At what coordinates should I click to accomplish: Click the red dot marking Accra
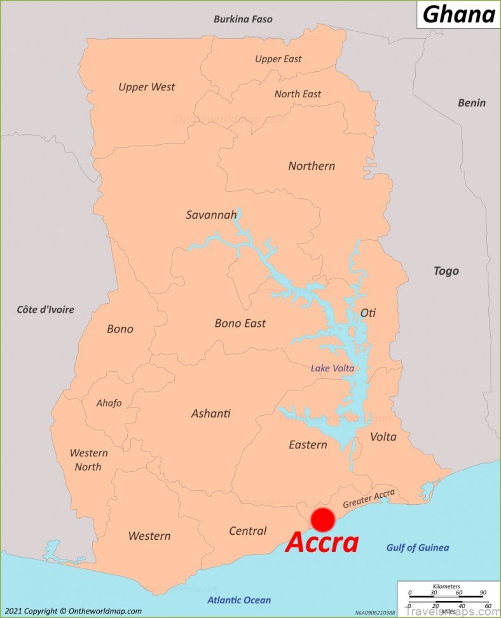pyautogui.click(x=323, y=519)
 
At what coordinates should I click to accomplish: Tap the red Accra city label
pyautogui.click(x=322, y=543)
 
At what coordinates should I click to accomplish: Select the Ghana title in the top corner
pyautogui.click(x=458, y=14)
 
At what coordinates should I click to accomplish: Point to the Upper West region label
pyautogui.click(x=146, y=87)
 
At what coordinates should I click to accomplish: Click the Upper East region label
pyautogui.click(x=278, y=59)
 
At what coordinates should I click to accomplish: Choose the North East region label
pyautogui.click(x=298, y=94)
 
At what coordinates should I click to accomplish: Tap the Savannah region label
pyautogui.click(x=211, y=215)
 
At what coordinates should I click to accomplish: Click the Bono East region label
pyautogui.click(x=240, y=323)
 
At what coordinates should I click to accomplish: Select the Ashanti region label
pyautogui.click(x=210, y=413)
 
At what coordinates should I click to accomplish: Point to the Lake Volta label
pyautogui.click(x=332, y=368)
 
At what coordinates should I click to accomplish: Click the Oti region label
pyautogui.click(x=368, y=313)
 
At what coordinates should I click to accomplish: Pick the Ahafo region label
pyautogui.click(x=109, y=403)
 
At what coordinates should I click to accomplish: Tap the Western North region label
pyautogui.click(x=88, y=460)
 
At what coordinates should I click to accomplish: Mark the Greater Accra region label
pyautogui.click(x=369, y=498)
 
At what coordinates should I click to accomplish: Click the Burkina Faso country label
pyautogui.click(x=243, y=19)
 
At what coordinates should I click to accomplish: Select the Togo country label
pyautogui.click(x=446, y=271)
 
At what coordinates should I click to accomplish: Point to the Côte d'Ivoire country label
pyautogui.click(x=45, y=310)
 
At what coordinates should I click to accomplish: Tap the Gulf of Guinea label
pyautogui.click(x=417, y=547)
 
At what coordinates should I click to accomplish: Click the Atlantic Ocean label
pyautogui.click(x=238, y=600)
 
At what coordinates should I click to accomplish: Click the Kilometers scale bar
pyautogui.click(x=446, y=595)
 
